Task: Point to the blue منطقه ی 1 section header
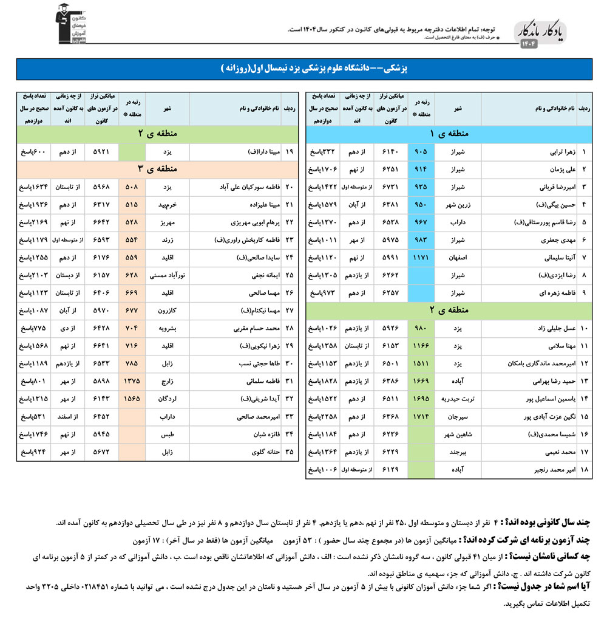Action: pos(449,133)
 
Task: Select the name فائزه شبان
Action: pos(256,435)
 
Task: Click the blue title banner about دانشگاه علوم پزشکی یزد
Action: pos(303,69)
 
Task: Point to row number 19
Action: pos(290,151)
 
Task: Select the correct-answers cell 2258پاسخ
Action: pos(324,418)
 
